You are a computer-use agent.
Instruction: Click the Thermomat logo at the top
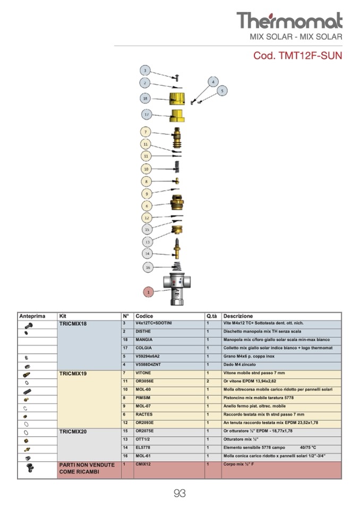[x=289, y=21]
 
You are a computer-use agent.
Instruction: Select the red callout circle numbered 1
[x=149, y=291]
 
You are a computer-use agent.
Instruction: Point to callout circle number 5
[x=221, y=91]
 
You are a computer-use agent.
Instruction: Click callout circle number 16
[x=149, y=267]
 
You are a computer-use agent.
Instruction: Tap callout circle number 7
[x=147, y=132]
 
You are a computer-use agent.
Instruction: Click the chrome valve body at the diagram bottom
[x=177, y=289]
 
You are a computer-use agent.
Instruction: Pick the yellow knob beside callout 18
[x=177, y=98]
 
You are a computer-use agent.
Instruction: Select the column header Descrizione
[x=238, y=316]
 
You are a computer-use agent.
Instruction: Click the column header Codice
[x=144, y=316]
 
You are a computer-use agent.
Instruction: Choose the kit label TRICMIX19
[x=73, y=374]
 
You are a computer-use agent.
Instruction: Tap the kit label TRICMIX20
[x=73, y=432]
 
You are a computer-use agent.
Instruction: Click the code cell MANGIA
[x=144, y=340]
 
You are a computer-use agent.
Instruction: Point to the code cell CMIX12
[x=144, y=464]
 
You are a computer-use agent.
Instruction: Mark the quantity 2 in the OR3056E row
[x=208, y=381]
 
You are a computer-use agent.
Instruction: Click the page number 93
[x=179, y=494]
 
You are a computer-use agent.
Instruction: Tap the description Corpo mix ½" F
[x=239, y=464]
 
